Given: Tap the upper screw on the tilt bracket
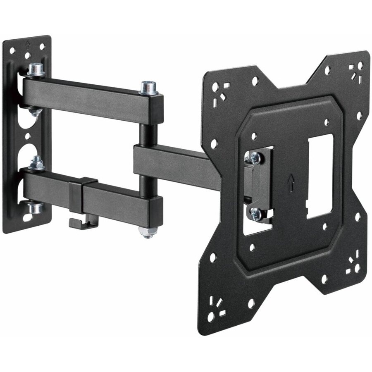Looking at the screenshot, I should pos(254,157).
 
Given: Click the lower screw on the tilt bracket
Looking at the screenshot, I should pos(255,214).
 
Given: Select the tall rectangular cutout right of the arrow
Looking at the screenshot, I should pos(320,176).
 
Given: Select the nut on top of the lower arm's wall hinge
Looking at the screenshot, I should pos(37,162).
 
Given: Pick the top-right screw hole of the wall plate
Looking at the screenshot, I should pos(43,47).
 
